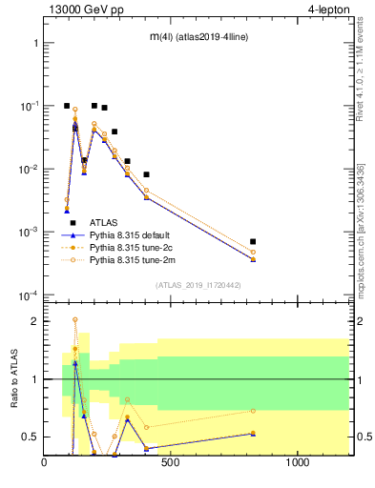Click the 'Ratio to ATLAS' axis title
(14, 379)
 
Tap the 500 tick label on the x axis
(171, 464)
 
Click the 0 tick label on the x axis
(44, 464)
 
